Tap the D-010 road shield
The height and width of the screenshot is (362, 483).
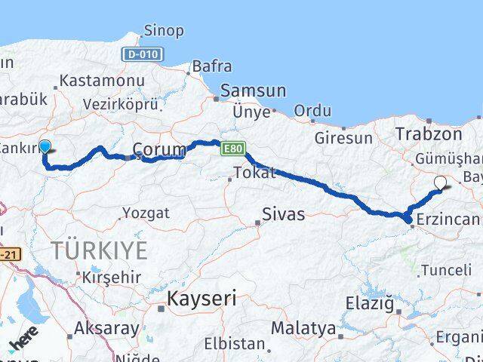pyautogui.click(x=142, y=54)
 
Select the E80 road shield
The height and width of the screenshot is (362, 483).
pyautogui.click(x=233, y=151)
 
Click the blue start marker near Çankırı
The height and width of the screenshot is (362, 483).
pyautogui.click(x=45, y=148)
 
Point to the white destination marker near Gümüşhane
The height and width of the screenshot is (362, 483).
pyautogui.click(x=441, y=182)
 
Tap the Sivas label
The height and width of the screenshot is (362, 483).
pyautogui.click(x=284, y=214)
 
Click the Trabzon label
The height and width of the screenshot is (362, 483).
pyautogui.click(x=428, y=134)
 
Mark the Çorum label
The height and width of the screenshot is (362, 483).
pyautogui.click(x=158, y=149)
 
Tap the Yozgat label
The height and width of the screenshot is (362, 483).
pyautogui.click(x=145, y=213)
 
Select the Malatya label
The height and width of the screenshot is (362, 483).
pyautogui.click(x=303, y=328)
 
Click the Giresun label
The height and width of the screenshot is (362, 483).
pyautogui.click(x=343, y=138)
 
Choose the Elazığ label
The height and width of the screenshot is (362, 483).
pyautogui.click(x=368, y=305)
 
